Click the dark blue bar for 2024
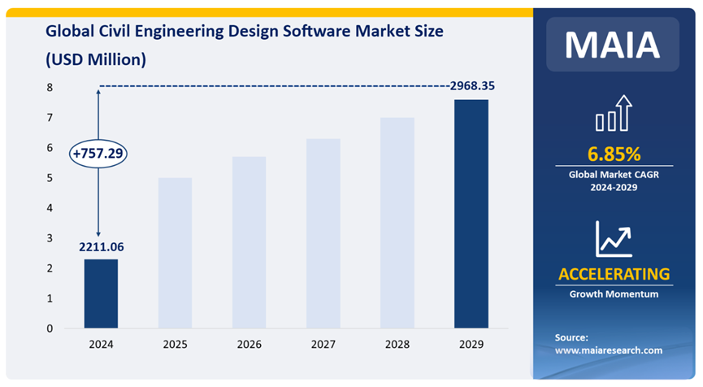(x=101, y=294)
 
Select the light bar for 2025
(x=175, y=253)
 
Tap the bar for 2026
(x=249, y=242)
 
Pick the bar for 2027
(x=323, y=233)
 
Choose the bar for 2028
(x=397, y=223)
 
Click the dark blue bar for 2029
(x=471, y=214)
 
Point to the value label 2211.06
(x=102, y=246)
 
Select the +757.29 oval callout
(x=99, y=153)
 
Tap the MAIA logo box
(x=613, y=44)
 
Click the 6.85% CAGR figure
(x=614, y=154)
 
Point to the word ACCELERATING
(x=614, y=273)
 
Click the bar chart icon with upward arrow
(x=614, y=114)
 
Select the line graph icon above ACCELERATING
(x=614, y=237)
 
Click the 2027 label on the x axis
(x=323, y=345)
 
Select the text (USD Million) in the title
(x=96, y=59)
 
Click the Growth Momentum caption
(x=614, y=294)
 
